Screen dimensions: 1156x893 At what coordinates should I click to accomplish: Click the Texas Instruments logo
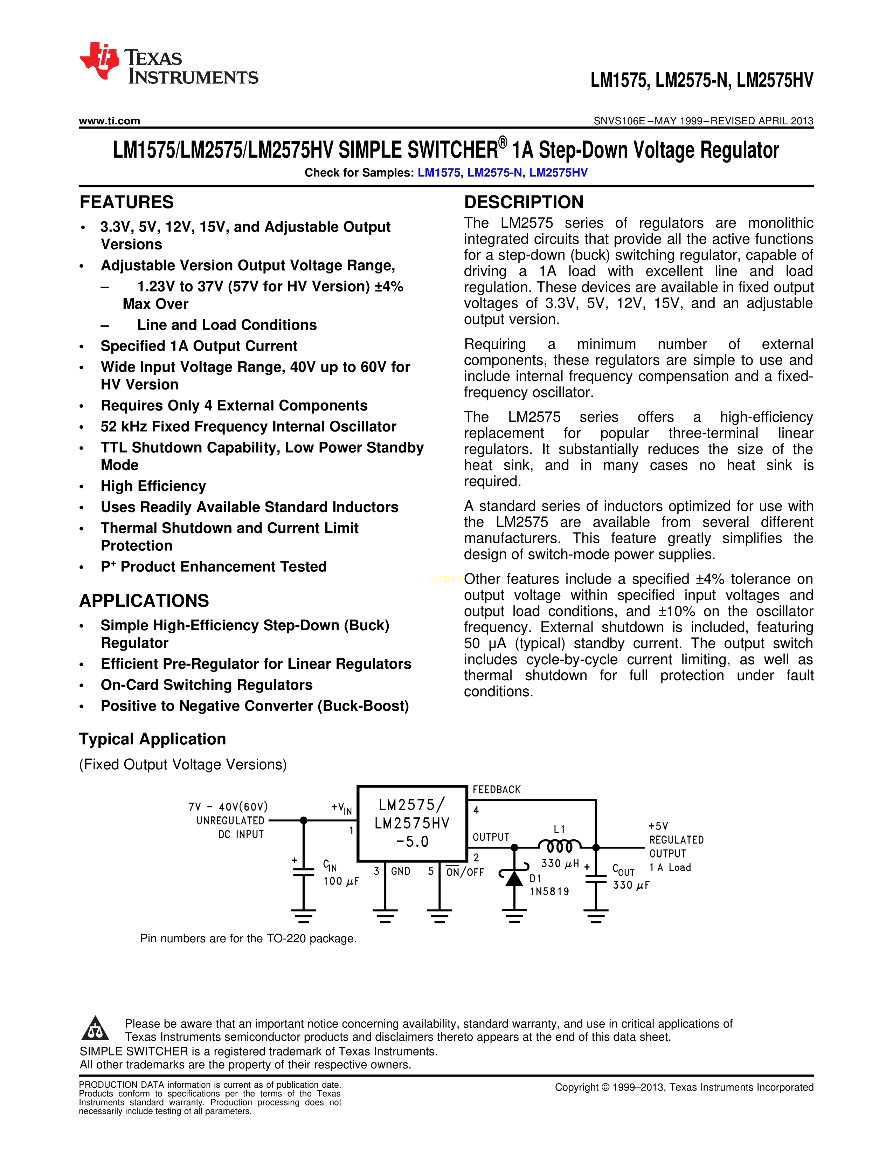pos(168,62)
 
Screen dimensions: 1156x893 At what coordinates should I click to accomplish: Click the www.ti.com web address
pos(110,121)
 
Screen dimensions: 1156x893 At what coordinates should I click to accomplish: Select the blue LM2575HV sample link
pos(558,173)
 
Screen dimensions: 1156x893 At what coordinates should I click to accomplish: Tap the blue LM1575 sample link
pos(438,173)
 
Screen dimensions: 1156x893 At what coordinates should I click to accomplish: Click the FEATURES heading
pos(126,202)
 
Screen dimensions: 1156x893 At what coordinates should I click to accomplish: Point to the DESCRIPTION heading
pos(524,202)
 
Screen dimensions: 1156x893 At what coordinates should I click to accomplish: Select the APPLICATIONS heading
pos(144,601)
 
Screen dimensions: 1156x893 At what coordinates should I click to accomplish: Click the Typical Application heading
pos(152,739)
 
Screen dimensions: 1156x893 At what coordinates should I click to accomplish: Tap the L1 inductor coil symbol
pos(559,846)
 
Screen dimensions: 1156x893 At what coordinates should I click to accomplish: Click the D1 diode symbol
pos(514,878)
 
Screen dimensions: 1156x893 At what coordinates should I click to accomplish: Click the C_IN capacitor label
pos(330,865)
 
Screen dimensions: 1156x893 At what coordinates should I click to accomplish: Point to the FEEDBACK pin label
pos(496,790)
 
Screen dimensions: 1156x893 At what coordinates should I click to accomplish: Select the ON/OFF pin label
pos(465,872)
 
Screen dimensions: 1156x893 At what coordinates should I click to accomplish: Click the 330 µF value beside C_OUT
pos(631,885)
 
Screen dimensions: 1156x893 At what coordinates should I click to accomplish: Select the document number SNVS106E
pos(619,121)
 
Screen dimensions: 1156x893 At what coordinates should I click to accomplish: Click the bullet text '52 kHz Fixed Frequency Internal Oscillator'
pos(249,427)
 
